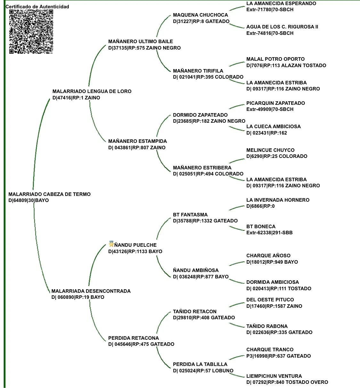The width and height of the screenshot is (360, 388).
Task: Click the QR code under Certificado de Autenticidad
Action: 31,31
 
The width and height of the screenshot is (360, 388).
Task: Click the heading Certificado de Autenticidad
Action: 37,7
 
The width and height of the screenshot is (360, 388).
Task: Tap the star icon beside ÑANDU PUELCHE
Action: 111,244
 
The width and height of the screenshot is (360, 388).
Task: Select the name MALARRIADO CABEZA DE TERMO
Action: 49,194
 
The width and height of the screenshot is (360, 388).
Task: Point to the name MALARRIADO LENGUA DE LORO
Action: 92,91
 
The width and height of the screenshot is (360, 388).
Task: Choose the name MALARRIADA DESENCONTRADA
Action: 91,291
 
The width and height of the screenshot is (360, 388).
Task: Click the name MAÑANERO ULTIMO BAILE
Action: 140,42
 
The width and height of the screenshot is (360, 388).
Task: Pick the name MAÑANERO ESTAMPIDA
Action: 137,141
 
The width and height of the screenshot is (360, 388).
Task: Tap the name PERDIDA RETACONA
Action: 133,338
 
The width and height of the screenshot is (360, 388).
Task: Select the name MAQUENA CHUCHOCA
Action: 200,15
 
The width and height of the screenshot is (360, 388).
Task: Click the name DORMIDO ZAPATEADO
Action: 200,115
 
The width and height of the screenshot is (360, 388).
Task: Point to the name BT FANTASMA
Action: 190,215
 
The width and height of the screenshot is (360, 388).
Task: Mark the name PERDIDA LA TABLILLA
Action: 200,364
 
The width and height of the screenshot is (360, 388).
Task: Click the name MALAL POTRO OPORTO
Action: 275,59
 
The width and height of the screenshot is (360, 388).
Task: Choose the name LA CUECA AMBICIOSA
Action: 273,127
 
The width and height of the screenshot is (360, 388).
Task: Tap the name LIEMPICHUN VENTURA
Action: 274,376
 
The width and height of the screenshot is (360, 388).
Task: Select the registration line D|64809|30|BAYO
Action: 28,201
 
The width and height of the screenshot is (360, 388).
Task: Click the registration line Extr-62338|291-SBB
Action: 269,233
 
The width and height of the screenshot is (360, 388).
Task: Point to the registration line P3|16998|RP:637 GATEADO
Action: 278,356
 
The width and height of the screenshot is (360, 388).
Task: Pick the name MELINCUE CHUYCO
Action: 270,150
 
